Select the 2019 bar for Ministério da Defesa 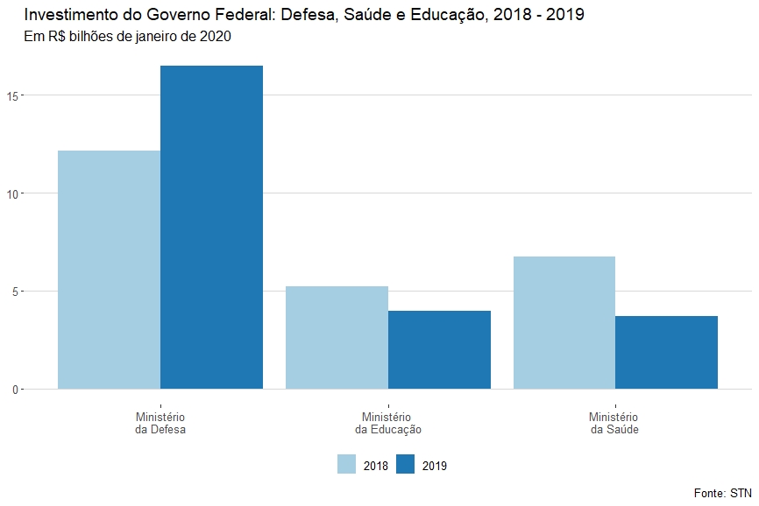click(211, 227)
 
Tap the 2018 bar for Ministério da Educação click(337, 337)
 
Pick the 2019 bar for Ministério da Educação click(439, 349)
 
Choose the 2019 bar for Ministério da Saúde click(666, 352)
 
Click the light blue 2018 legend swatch click(347, 465)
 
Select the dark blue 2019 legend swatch click(406, 465)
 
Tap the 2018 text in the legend click(375, 466)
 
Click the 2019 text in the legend click(434, 466)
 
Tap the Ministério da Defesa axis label click(160, 424)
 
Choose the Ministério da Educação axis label click(388, 424)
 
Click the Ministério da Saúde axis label click(614, 424)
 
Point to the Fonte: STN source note click(722, 493)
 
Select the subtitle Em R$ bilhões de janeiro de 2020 click(128, 37)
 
